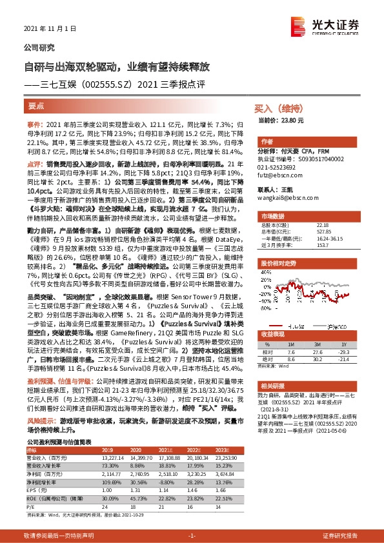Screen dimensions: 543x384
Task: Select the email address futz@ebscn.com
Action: click(x=276, y=175)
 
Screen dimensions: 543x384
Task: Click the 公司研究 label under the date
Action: click(x=39, y=47)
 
